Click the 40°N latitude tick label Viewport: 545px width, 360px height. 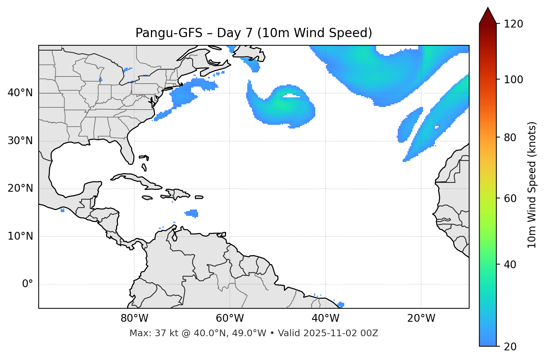(20, 93)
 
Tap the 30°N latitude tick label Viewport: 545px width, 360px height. (20, 141)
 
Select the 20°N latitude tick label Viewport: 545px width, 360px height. (20, 188)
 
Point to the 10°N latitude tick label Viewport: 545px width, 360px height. (20, 236)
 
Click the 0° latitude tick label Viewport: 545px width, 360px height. (28, 284)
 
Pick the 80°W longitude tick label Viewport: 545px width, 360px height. (134, 318)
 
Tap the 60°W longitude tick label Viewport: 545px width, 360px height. (230, 318)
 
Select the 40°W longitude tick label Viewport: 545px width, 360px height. (325, 318)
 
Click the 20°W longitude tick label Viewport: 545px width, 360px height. (421, 318)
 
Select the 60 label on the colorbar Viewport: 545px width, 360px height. (510, 198)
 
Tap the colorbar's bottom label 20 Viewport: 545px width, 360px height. (510, 347)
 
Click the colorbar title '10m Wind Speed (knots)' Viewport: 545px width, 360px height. (532, 185)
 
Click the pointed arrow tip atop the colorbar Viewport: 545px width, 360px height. (488, 9)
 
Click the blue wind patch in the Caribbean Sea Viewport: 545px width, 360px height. (192, 213)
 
